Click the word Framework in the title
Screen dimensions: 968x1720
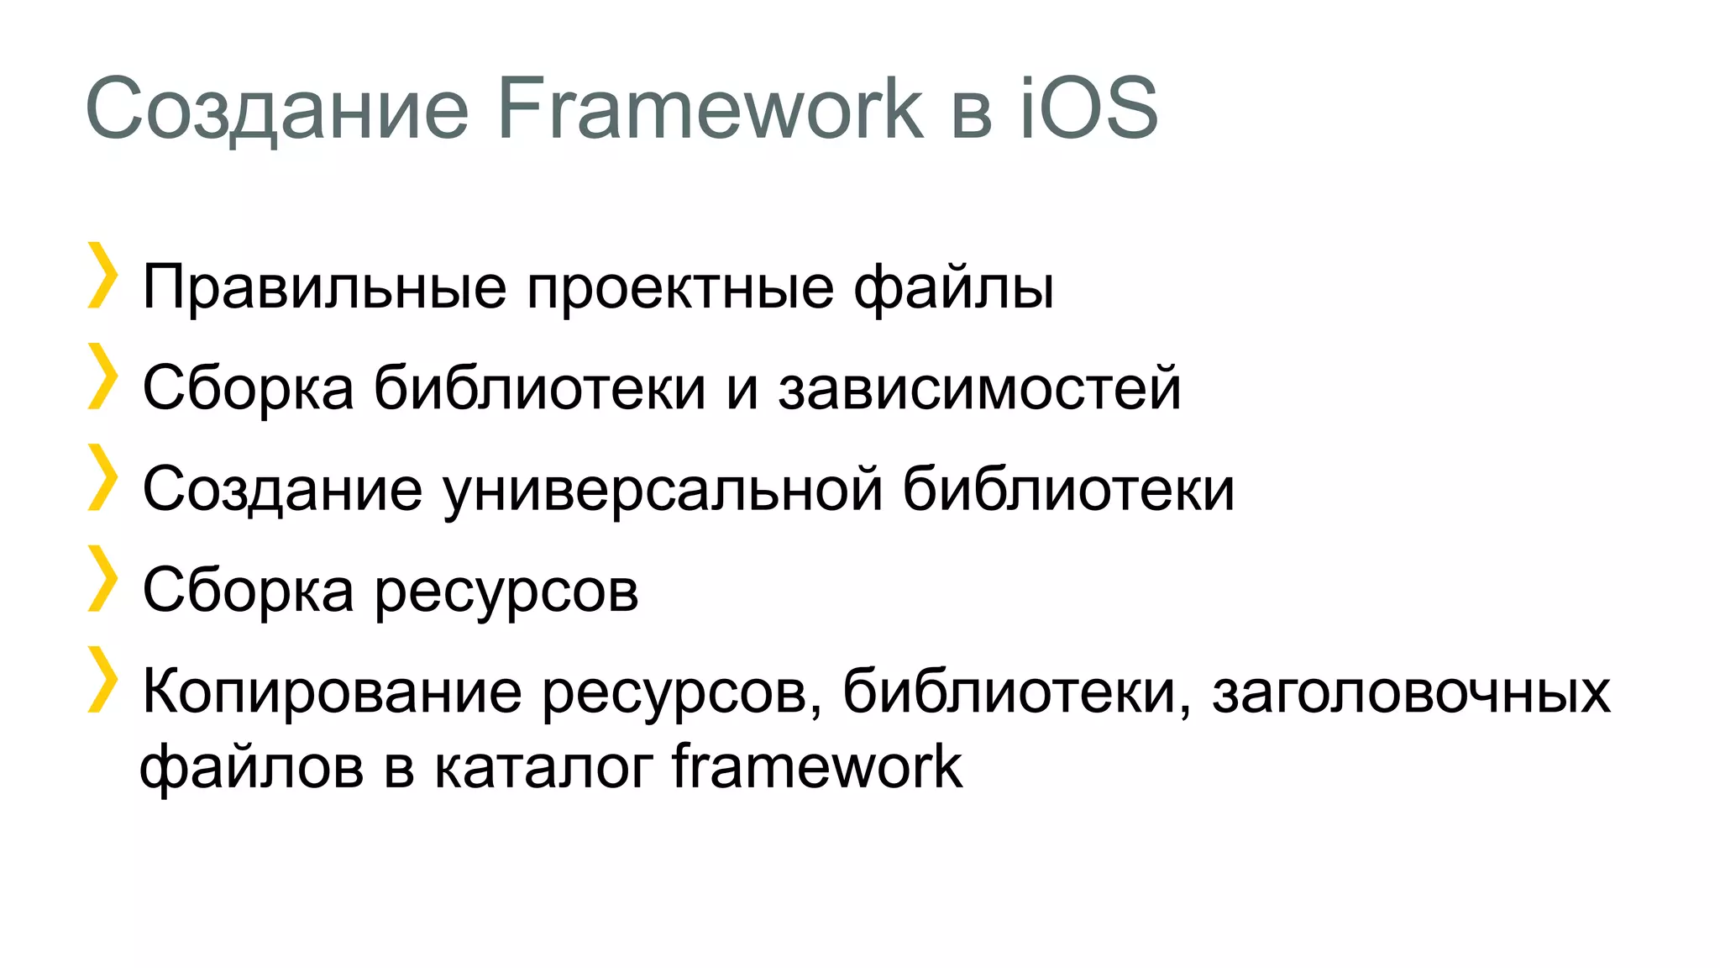pyautogui.click(x=710, y=109)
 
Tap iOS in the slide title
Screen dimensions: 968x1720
pyautogui.click(x=1089, y=109)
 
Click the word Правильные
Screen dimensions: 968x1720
pyautogui.click(x=324, y=288)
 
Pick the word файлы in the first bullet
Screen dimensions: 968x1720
pyautogui.click(x=953, y=288)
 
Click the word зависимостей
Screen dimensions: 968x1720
pyautogui.click(x=979, y=389)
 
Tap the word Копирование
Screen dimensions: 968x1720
pyautogui.click(x=333, y=693)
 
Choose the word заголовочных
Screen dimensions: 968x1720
pyautogui.click(x=1411, y=693)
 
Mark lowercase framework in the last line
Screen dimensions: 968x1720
pyautogui.click(x=816, y=765)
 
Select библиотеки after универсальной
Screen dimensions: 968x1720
pyautogui.click(x=1068, y=489)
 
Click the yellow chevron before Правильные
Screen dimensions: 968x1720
pyautogui.click(x=102, y=275)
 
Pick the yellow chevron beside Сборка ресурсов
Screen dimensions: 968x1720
pyautogui.click(x=102, y=578)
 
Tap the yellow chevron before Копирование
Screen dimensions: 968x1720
pyautogui.click(x=102, y=679)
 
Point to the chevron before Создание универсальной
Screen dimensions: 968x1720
pyautogui.click(x=102, y=476)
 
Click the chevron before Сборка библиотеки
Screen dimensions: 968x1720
pyautogui.click(x=102, y=376)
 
